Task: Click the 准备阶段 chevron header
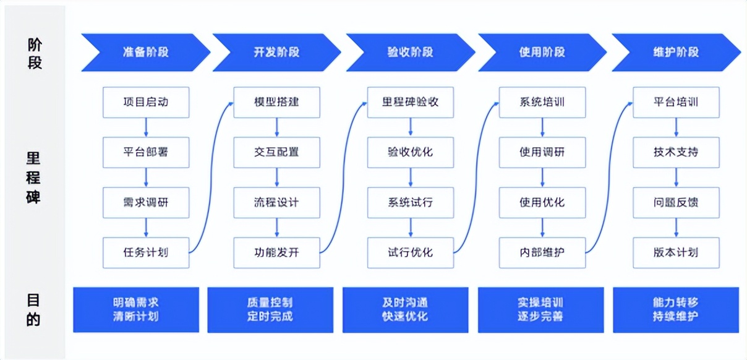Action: pyautogui.click(x=145, y=53)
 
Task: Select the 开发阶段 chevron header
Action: pyautogui.click(x=276, y=53)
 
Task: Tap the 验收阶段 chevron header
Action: pyautogui.click(x=410, y=53)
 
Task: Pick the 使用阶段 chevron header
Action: pyautogui.click(x=542, y=53)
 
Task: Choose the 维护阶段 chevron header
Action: pyautogui.click(x=676, y=53)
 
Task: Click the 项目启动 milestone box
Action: pyautogui.click(x=145, y=102)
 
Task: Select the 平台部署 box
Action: pyautogui.click(x=145, y=152)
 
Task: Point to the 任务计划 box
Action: pyautogui.click(x=145, y=252)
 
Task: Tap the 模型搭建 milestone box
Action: pyautogui.click(x=276, y=102)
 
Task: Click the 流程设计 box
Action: pyautogui.click(x=276, y=202)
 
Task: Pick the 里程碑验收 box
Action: pyautogui.click(x=410, y=102)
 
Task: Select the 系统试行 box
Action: pyautogui.click(x=410, y=202)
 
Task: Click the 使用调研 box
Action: pyautogui.click(x=542, y=152)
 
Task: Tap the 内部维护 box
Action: pyautogui.click(x=542, y=252)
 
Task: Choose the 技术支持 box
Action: pyautogui.click(x=676, y=152)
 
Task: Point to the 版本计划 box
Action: pyautogui.click(x=676, y=252)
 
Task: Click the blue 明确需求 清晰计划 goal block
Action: pyautogui.click(x=136, y=309)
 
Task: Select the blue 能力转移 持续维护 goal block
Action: pyautogui.click(x=675, y=309)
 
